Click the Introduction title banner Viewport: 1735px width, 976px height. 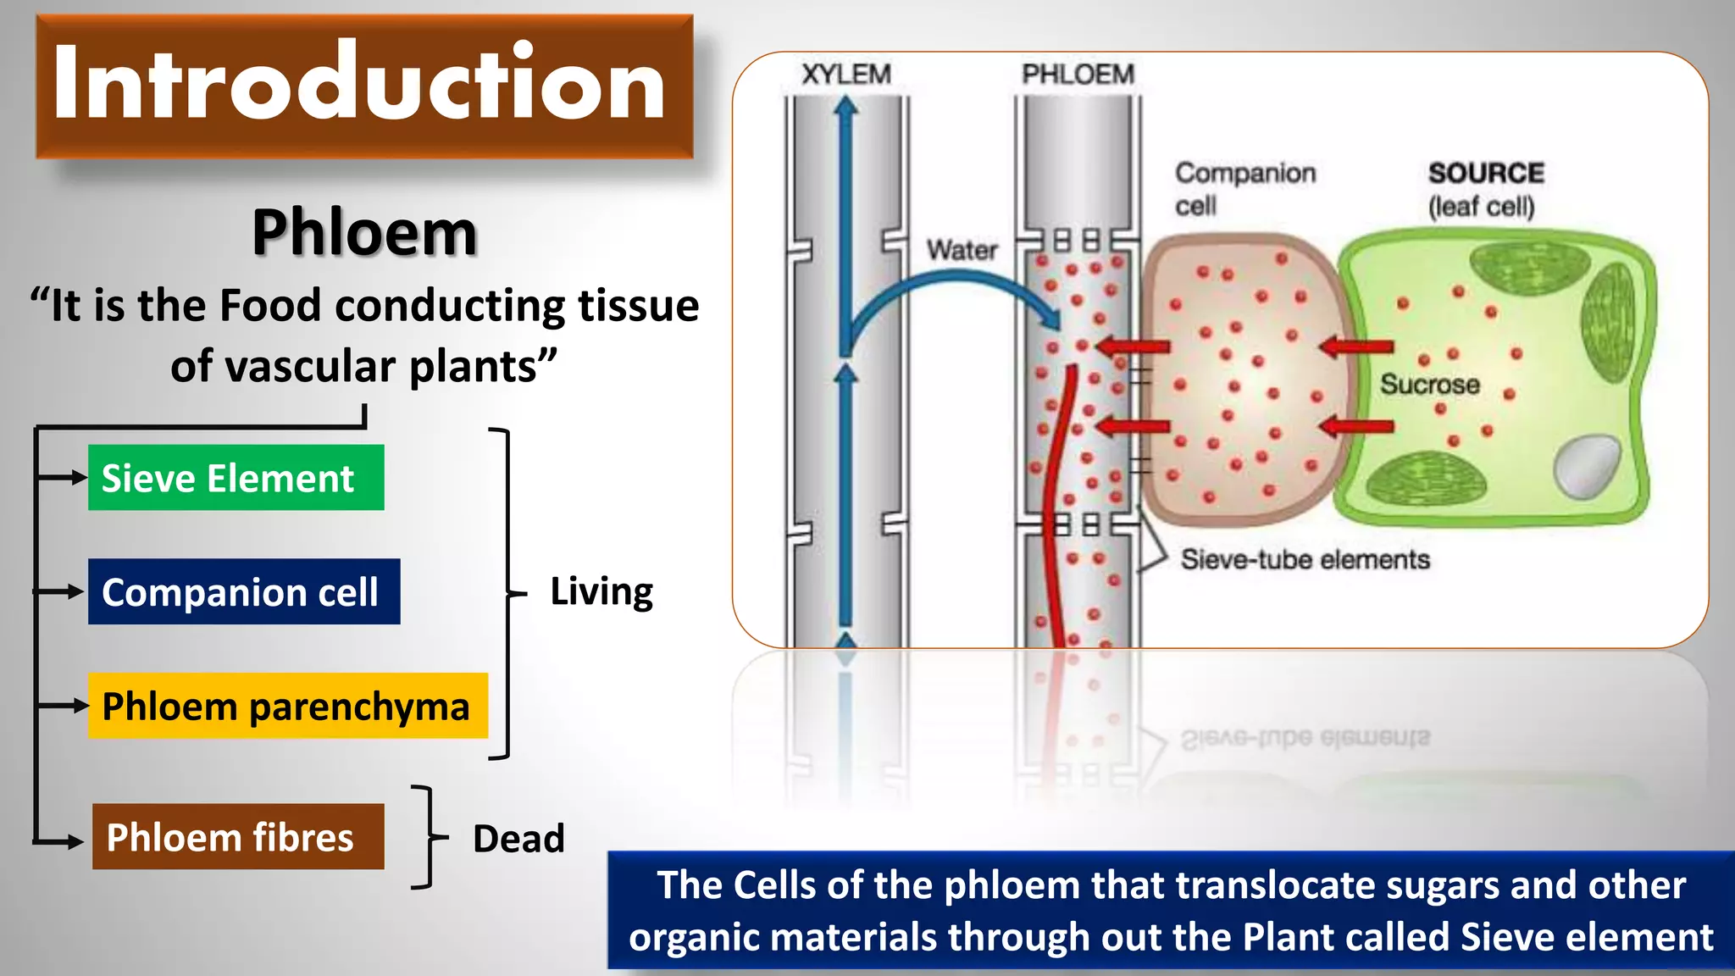[x=364, y=86]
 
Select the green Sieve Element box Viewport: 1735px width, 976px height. [x=236, y=478]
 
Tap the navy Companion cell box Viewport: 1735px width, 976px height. [x=243, y=591]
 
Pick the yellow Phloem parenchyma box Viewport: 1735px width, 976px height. [x=287, y=706]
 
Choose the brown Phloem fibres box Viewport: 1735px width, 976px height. [x=237, y=837]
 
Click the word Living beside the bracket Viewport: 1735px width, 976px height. [x=601, y=591]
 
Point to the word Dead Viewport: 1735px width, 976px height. [x=518, y=839]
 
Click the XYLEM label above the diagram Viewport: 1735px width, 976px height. [x=845, y=75]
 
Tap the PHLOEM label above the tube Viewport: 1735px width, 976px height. [x=1078, y=75]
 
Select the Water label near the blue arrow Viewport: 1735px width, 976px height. [x=962, y=250]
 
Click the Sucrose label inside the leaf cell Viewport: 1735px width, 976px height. [x=1430, y=385]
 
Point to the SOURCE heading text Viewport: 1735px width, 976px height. [x=1486, y=173]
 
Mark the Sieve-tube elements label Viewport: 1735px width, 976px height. [x=1305, y=559]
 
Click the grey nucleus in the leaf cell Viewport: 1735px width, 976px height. [x=1588, y=466]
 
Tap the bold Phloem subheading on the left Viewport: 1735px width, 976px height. [x=364, y=232]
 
